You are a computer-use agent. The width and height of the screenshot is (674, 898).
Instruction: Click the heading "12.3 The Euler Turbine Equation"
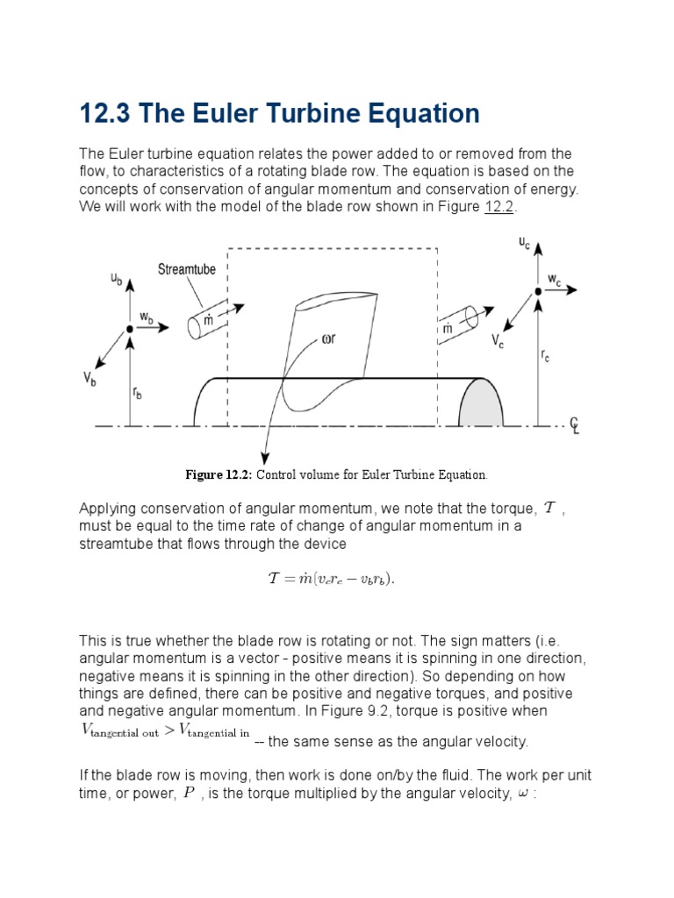coord(280,114)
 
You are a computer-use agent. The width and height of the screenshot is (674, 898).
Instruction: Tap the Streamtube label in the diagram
coord(187,269)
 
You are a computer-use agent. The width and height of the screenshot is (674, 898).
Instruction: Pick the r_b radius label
coord(138,393)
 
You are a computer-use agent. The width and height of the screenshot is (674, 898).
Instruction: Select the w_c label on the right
coord(555,280)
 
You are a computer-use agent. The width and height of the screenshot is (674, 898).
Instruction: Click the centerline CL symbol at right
coord(575,426)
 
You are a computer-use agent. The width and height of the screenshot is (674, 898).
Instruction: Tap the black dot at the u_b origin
coord(129,328)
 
